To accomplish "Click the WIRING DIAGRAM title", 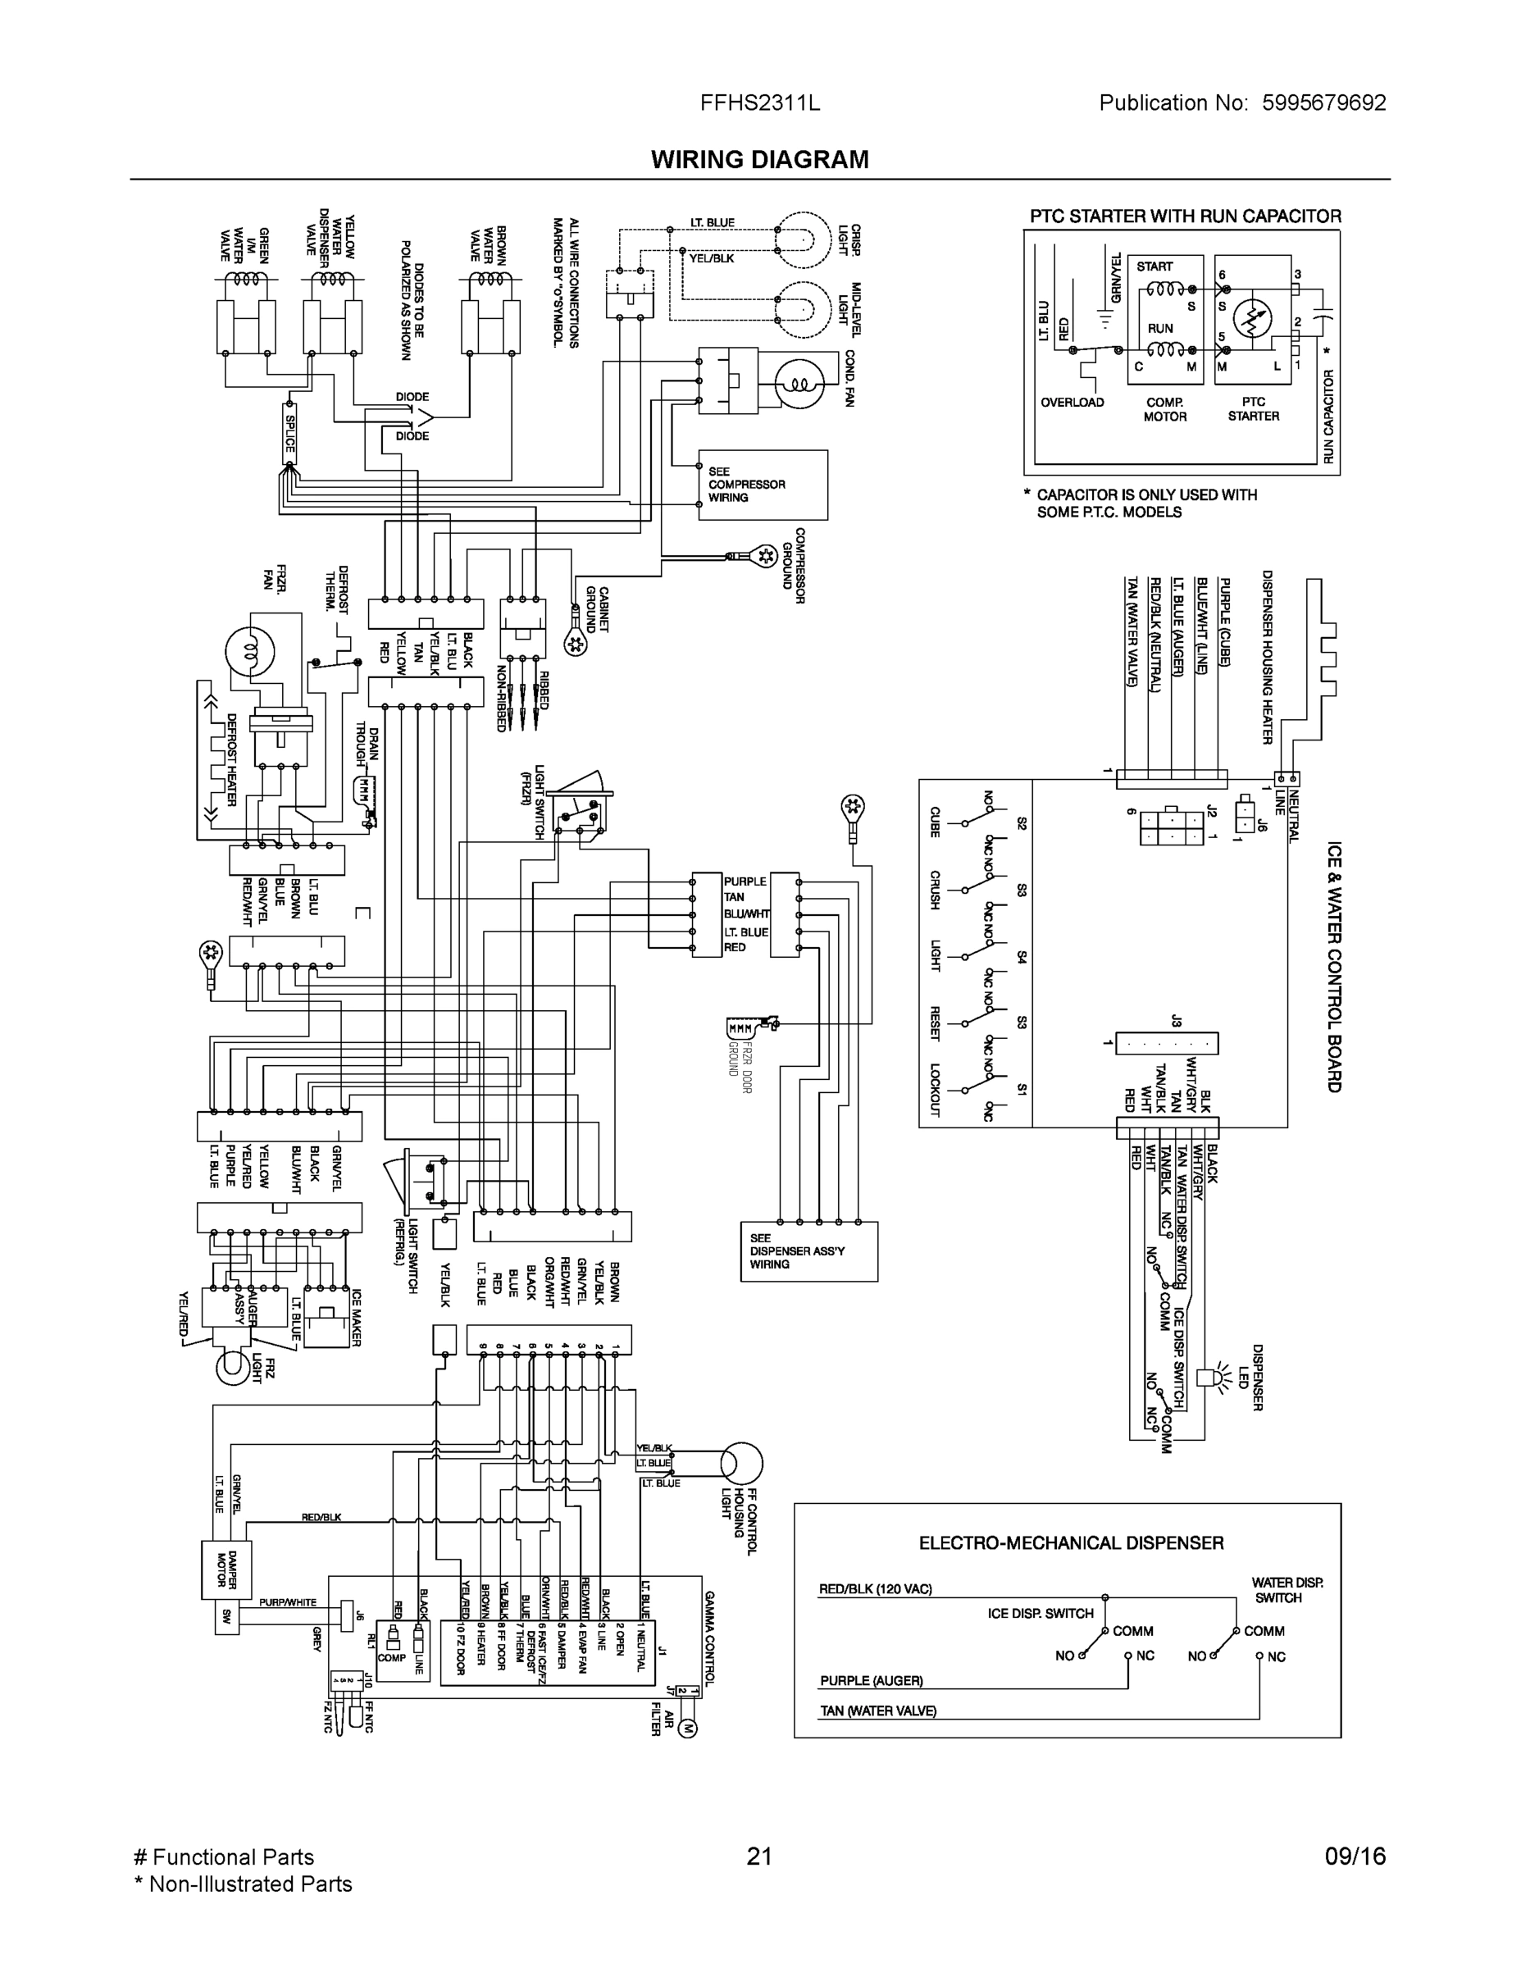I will (759, 160).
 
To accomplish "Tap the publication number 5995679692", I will (1323, 102).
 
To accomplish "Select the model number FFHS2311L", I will (759, 102).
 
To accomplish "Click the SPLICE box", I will (290, 432).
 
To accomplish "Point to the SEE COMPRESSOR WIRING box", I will (763, 485).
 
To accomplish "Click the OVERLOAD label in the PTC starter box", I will (1072, 403).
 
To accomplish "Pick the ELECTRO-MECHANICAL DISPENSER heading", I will (1071, 1542).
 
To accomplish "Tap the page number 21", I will (759, 1856).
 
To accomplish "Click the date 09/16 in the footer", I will (1355, 1856).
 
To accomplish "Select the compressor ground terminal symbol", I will (765, 555).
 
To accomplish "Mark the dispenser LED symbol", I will (1208, 1377).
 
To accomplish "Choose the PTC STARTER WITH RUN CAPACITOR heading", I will (1185, 216).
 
